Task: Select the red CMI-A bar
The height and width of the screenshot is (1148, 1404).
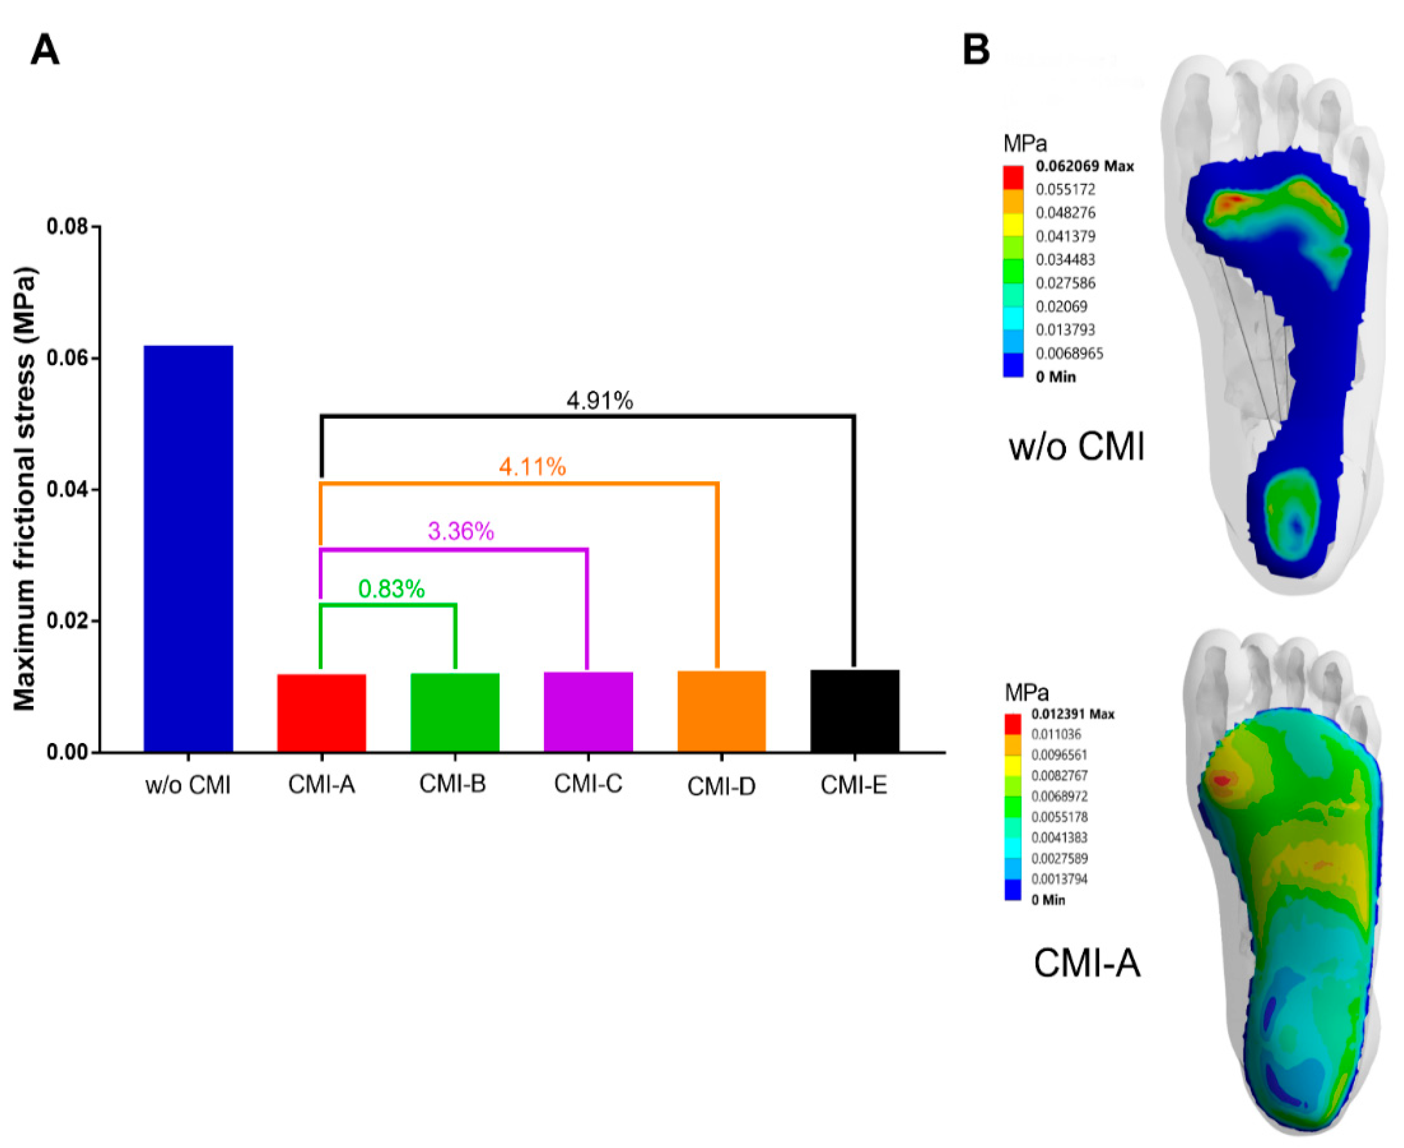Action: point(321,713)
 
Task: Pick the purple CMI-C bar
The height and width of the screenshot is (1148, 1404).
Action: point(588,712)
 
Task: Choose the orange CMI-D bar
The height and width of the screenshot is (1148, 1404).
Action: point(721,712)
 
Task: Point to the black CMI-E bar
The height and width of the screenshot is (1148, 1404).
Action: point(855,711)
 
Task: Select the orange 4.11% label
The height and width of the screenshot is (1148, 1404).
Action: point(532,467)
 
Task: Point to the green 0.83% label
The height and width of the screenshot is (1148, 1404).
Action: point(391,589)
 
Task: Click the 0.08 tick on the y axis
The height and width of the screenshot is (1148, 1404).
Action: point(68,227)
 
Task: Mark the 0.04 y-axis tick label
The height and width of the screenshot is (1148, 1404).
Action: point(68,490)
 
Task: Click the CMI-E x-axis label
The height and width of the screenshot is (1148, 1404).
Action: point(853,785)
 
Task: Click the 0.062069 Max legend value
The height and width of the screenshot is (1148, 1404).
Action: point(1084,166)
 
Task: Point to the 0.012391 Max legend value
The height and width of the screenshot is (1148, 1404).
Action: point(1072,714)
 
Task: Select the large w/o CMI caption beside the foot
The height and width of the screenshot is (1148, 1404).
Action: point(1076,446)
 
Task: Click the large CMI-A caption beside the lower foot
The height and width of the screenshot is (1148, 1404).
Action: point(1087,963)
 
